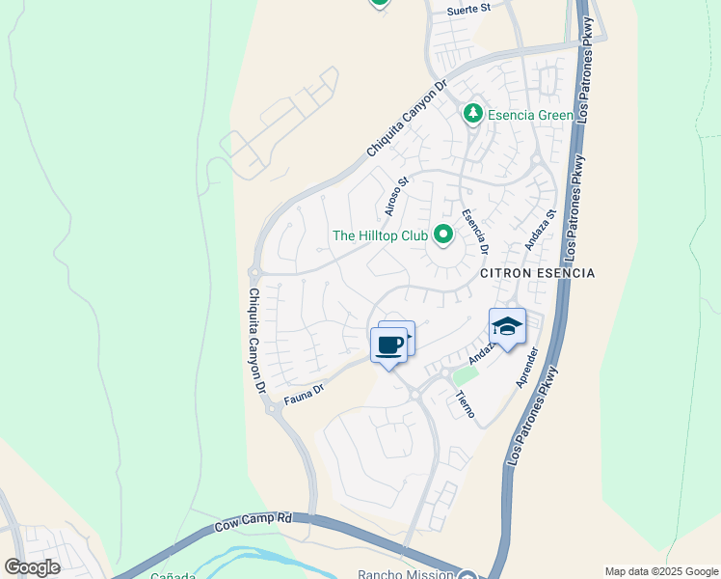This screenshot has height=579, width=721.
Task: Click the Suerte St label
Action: pos(469,9)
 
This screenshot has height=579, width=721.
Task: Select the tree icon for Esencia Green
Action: pos(473,115)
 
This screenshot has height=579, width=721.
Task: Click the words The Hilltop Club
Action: pos(379,235)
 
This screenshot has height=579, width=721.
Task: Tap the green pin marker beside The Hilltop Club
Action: pos(443,234)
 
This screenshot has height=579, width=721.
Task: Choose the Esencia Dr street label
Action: pos(475,233)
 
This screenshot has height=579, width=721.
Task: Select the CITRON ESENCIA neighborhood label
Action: pos(537,273)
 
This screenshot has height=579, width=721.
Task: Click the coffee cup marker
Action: pos(388,345)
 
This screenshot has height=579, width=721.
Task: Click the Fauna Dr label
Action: pos(302,396)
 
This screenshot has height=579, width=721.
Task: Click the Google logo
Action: pos(32,567)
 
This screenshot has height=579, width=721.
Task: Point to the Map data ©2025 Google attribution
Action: pos(660,571)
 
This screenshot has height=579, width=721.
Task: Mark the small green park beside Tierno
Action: pos(466,374)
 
